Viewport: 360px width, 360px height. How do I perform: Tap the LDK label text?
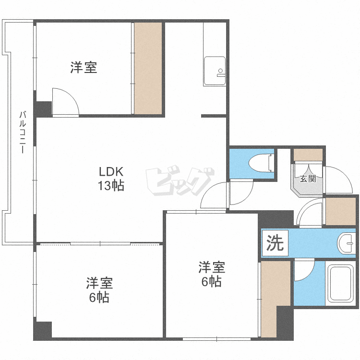tap(111, 172)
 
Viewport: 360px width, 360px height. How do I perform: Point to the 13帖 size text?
tap(111, 186)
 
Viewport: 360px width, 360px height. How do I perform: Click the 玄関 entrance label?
tap(308, 179)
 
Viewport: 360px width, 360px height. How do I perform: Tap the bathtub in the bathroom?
tap(340, 285)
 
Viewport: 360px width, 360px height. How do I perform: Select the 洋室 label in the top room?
tap(84, 68)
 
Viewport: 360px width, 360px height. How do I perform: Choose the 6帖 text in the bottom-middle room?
tap(211, 282)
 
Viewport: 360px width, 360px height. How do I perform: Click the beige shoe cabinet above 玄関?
tap(308, 155)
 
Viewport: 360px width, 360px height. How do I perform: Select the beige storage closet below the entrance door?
tap(340, 211)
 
